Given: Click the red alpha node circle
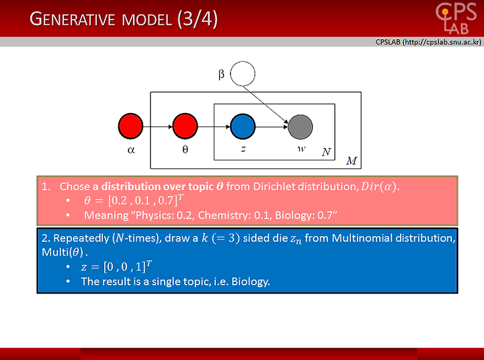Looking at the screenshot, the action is [130, 126].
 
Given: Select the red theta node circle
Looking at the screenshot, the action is [185, 126].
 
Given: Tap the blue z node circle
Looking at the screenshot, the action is [243, 127].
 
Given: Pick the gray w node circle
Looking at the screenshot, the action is [300, 127].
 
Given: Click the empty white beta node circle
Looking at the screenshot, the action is [243, 73].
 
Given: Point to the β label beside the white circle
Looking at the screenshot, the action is [221, 75].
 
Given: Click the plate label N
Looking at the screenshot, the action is [326, 152].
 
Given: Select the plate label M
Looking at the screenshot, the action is [352, 161].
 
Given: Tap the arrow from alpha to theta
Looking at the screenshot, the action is [158, 127].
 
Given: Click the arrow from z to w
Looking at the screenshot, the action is [272, 127].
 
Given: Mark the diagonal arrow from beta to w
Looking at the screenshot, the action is [266, 105].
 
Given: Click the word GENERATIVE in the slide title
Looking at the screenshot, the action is [72, 19].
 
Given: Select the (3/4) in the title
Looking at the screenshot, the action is [198, 19].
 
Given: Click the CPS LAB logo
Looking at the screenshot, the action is [456, 18].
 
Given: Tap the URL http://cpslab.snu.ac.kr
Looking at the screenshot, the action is [442, 42].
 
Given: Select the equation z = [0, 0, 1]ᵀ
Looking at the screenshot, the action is [116, 266].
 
